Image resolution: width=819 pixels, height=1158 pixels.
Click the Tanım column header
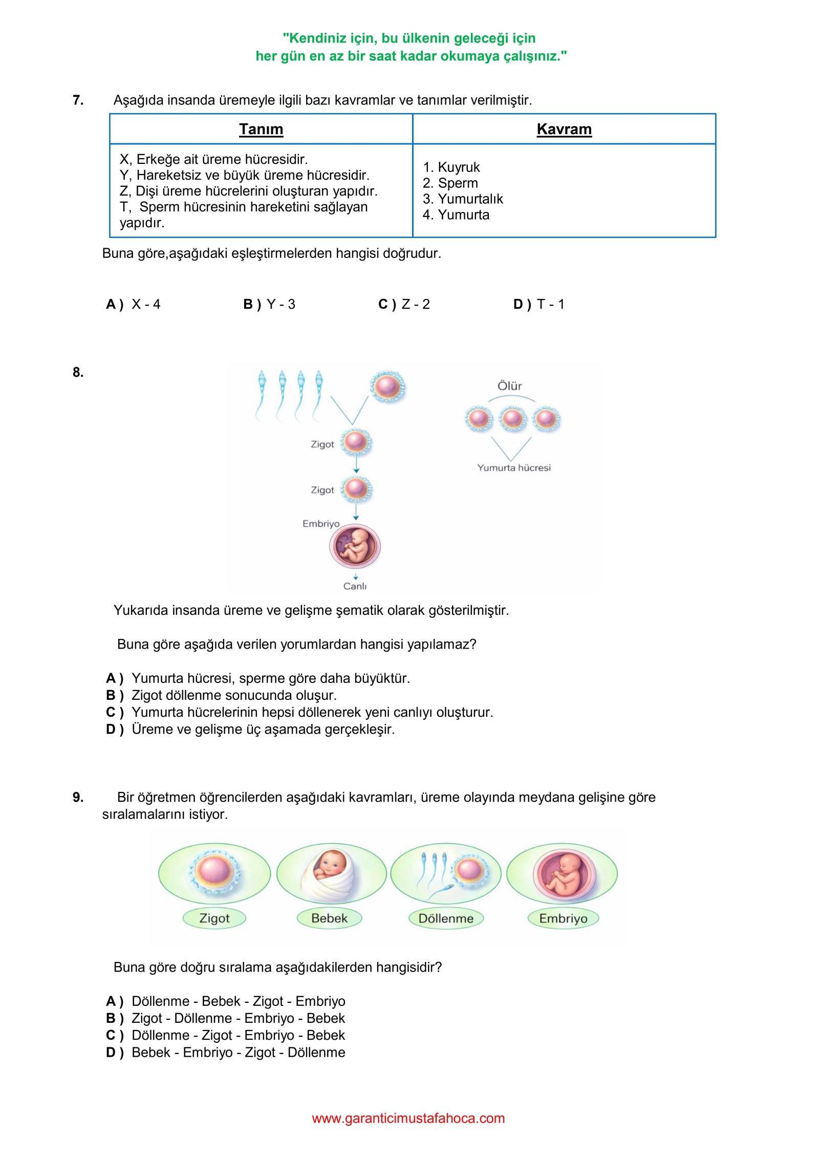tap(261, 130)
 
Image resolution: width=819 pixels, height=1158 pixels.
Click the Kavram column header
tap(564, 130)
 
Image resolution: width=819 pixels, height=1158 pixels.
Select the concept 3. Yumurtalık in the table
tap(463, 199)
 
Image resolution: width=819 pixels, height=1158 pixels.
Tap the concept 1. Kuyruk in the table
tap(451, 167)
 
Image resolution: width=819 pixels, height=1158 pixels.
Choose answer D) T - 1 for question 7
tap(538, 305)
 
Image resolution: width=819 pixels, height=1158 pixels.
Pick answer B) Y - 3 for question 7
tap(269, 305)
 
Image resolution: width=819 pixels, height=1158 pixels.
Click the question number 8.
tap(78, 372)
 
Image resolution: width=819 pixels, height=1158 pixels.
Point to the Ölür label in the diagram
tap(510, 386)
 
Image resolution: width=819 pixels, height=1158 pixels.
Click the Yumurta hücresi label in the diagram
tap(514, 468)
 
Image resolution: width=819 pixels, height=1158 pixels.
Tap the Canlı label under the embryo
tap(355, 586)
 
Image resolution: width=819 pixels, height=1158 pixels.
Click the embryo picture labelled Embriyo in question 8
tap(355, 546)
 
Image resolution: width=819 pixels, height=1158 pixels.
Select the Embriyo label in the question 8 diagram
tap(321, 524)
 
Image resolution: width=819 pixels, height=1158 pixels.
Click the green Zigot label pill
tap(214, 918)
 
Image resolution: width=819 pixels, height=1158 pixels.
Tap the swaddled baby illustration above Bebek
tap(331, 873)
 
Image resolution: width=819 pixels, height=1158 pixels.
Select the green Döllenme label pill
tap(446, 918)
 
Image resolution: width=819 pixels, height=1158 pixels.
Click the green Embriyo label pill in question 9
tap(563, 918)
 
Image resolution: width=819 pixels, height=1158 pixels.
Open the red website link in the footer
tap(408, 1118)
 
